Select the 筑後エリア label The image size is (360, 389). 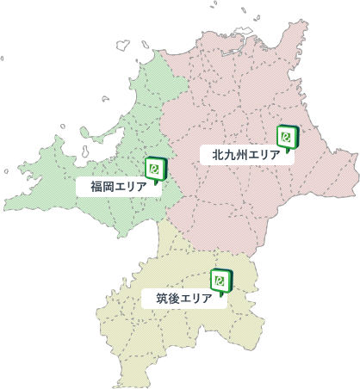(x=183, y=299)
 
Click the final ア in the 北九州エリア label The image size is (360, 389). (x=275, y=156)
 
